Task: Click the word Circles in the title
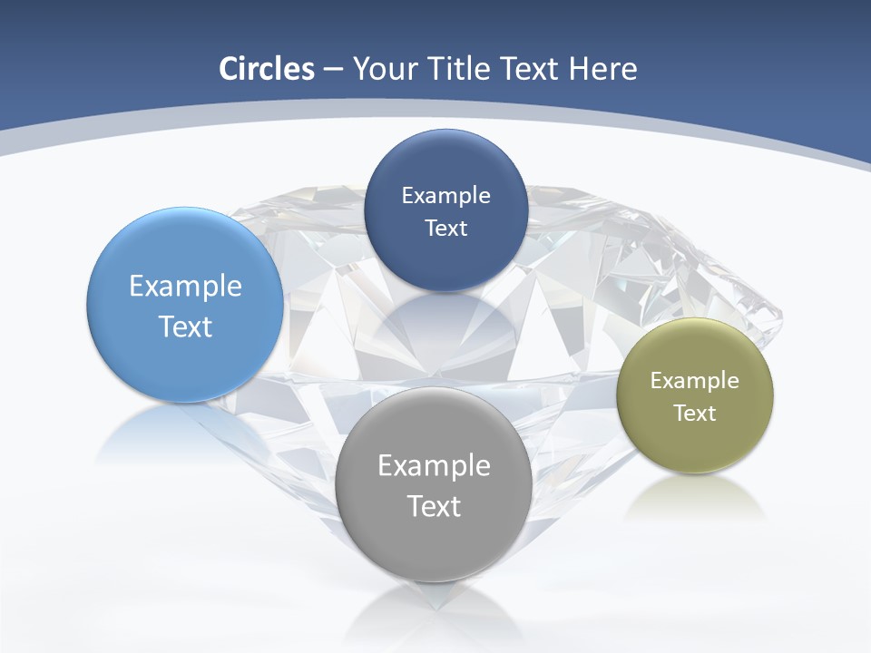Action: (267, 69)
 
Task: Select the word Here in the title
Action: (603, 69)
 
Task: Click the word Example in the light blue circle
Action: (185, 287)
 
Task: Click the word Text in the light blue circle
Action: (185, 326)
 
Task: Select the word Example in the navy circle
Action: (445, 196)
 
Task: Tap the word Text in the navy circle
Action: (445, 229)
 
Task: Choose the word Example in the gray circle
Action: (434, 466)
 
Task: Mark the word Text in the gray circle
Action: (434, 506)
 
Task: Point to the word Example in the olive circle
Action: (694, 381)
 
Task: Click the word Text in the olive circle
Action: (694, 414)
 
